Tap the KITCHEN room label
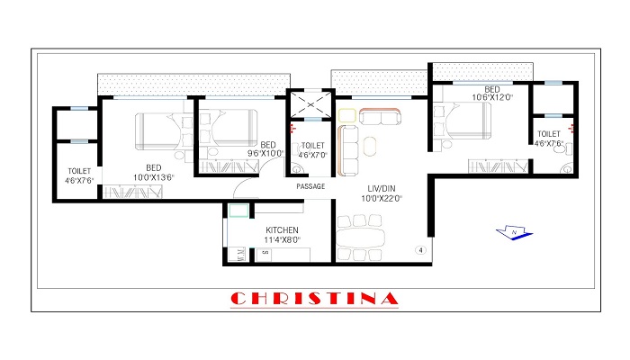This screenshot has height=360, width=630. click(282, 230)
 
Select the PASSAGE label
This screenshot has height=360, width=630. click(310, 186)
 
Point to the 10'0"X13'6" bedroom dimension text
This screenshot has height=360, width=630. click(154, 177)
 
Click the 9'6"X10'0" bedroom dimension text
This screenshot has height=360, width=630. click(266, 153)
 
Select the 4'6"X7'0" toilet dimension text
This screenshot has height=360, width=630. click(311, 153)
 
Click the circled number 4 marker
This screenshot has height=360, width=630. click(419, 249)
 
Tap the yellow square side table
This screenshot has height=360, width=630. click(346, 114)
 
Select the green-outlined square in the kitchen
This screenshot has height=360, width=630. click(238, 210)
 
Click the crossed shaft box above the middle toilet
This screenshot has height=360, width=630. click(310, 106)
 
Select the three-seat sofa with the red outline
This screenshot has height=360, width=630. click(381, 116)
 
